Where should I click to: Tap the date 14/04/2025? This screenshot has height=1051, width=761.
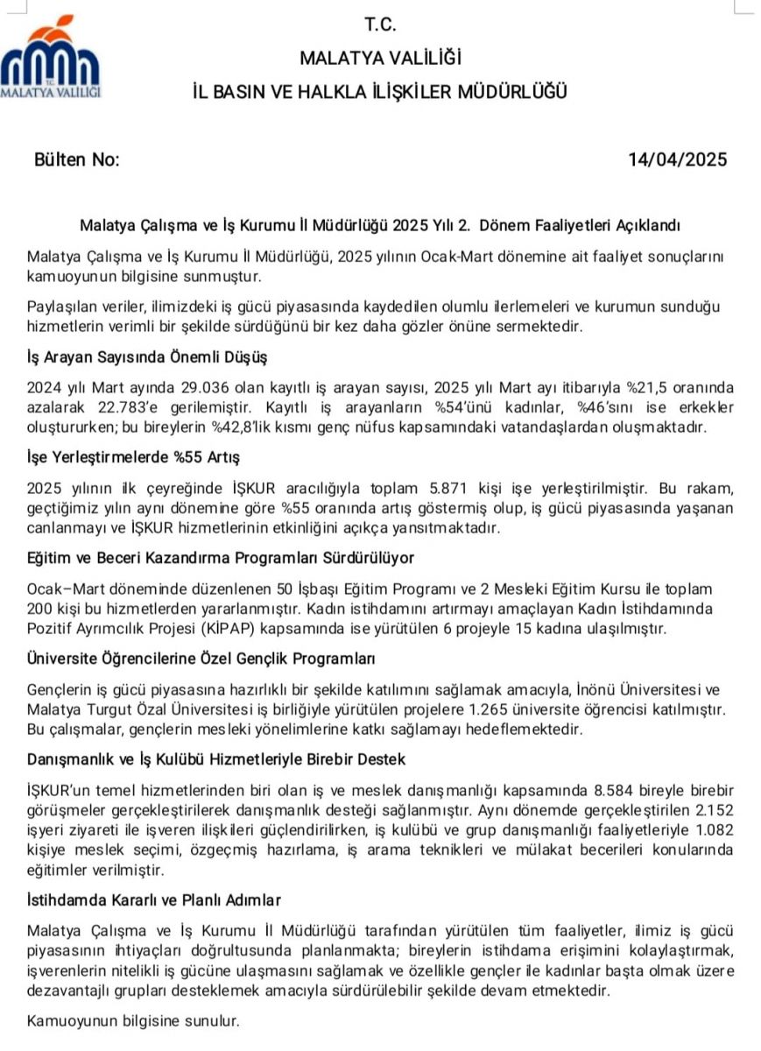[x=677, y=159]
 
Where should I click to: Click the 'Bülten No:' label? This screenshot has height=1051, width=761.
[x=76, y=159]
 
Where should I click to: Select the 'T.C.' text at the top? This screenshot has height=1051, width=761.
[x=380, y=25]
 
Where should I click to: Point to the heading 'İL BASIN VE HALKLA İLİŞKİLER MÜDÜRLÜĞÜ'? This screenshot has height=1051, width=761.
[x=380, y=91]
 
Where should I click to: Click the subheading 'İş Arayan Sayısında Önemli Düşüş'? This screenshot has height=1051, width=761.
[x=147, y=357]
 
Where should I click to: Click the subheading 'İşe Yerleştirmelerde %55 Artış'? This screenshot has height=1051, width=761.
[x=133, y=457]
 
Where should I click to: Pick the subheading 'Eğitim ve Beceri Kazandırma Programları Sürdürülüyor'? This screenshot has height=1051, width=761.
[x=221, y=558]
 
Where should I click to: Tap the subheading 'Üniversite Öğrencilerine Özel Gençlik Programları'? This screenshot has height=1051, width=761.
[x=201, y=658]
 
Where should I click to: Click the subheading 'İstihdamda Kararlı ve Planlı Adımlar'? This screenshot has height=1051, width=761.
[x=154, y=899]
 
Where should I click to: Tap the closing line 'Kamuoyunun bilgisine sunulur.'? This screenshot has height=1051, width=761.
[x=133, y=1020]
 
